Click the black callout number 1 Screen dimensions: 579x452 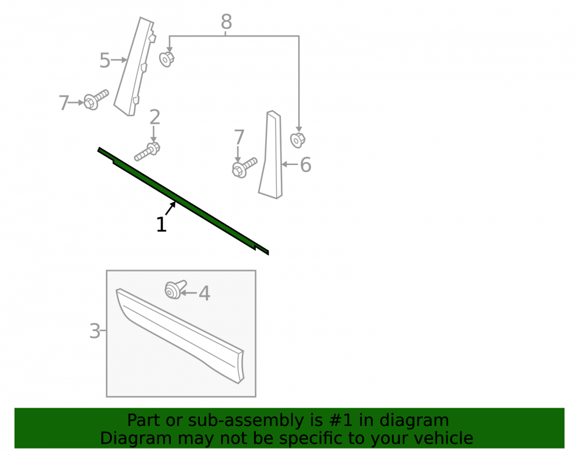point(162,225)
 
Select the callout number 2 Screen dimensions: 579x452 point(155,117)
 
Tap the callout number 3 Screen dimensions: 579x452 point(95,331)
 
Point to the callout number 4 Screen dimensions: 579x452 point(204,293)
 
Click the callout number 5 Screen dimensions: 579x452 point(105,60)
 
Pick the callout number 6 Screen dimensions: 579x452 point(305,164)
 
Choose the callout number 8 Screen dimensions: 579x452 point(226,22)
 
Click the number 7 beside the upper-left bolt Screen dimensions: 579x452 point(64,102)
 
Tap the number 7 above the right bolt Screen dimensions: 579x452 point(239,137)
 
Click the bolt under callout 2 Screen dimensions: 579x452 point(147,152)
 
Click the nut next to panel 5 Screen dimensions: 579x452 point(167,59)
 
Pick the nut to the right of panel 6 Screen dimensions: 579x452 point(297,140)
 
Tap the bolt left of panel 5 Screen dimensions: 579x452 point(96,100)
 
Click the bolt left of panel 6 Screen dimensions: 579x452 point(244,167)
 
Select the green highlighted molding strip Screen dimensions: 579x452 point(184,201)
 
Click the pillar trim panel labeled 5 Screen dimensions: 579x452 point(134,67)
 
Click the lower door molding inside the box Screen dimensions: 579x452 point(180,336)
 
